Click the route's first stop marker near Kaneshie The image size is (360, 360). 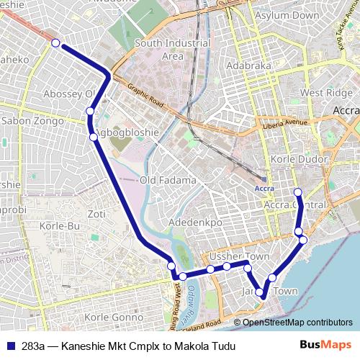point(55,44)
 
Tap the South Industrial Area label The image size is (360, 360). point(173,49)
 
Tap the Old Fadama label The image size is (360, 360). point(168,180)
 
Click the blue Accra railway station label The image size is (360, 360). point(265,189)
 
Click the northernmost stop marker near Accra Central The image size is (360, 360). point(298,192)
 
